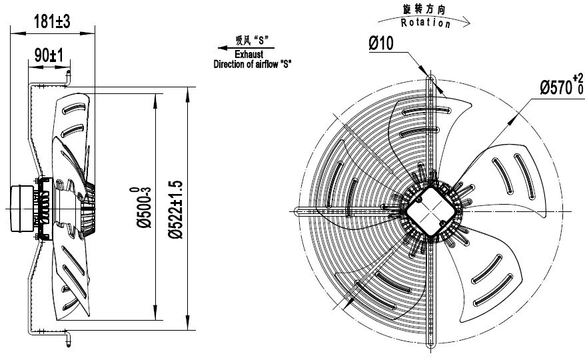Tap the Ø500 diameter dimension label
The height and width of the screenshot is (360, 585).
(141, 210)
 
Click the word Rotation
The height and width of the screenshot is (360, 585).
(426, 23)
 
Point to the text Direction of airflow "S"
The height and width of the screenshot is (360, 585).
(253, 65)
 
